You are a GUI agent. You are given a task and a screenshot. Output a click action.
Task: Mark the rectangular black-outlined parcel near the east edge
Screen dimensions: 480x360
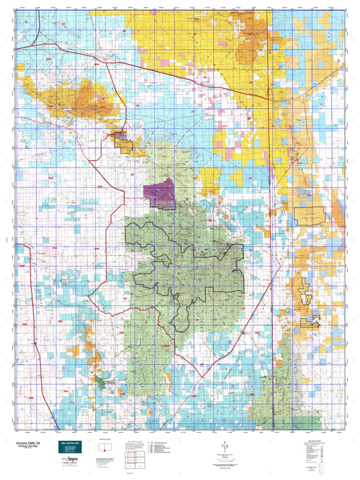tap(309, 216)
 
